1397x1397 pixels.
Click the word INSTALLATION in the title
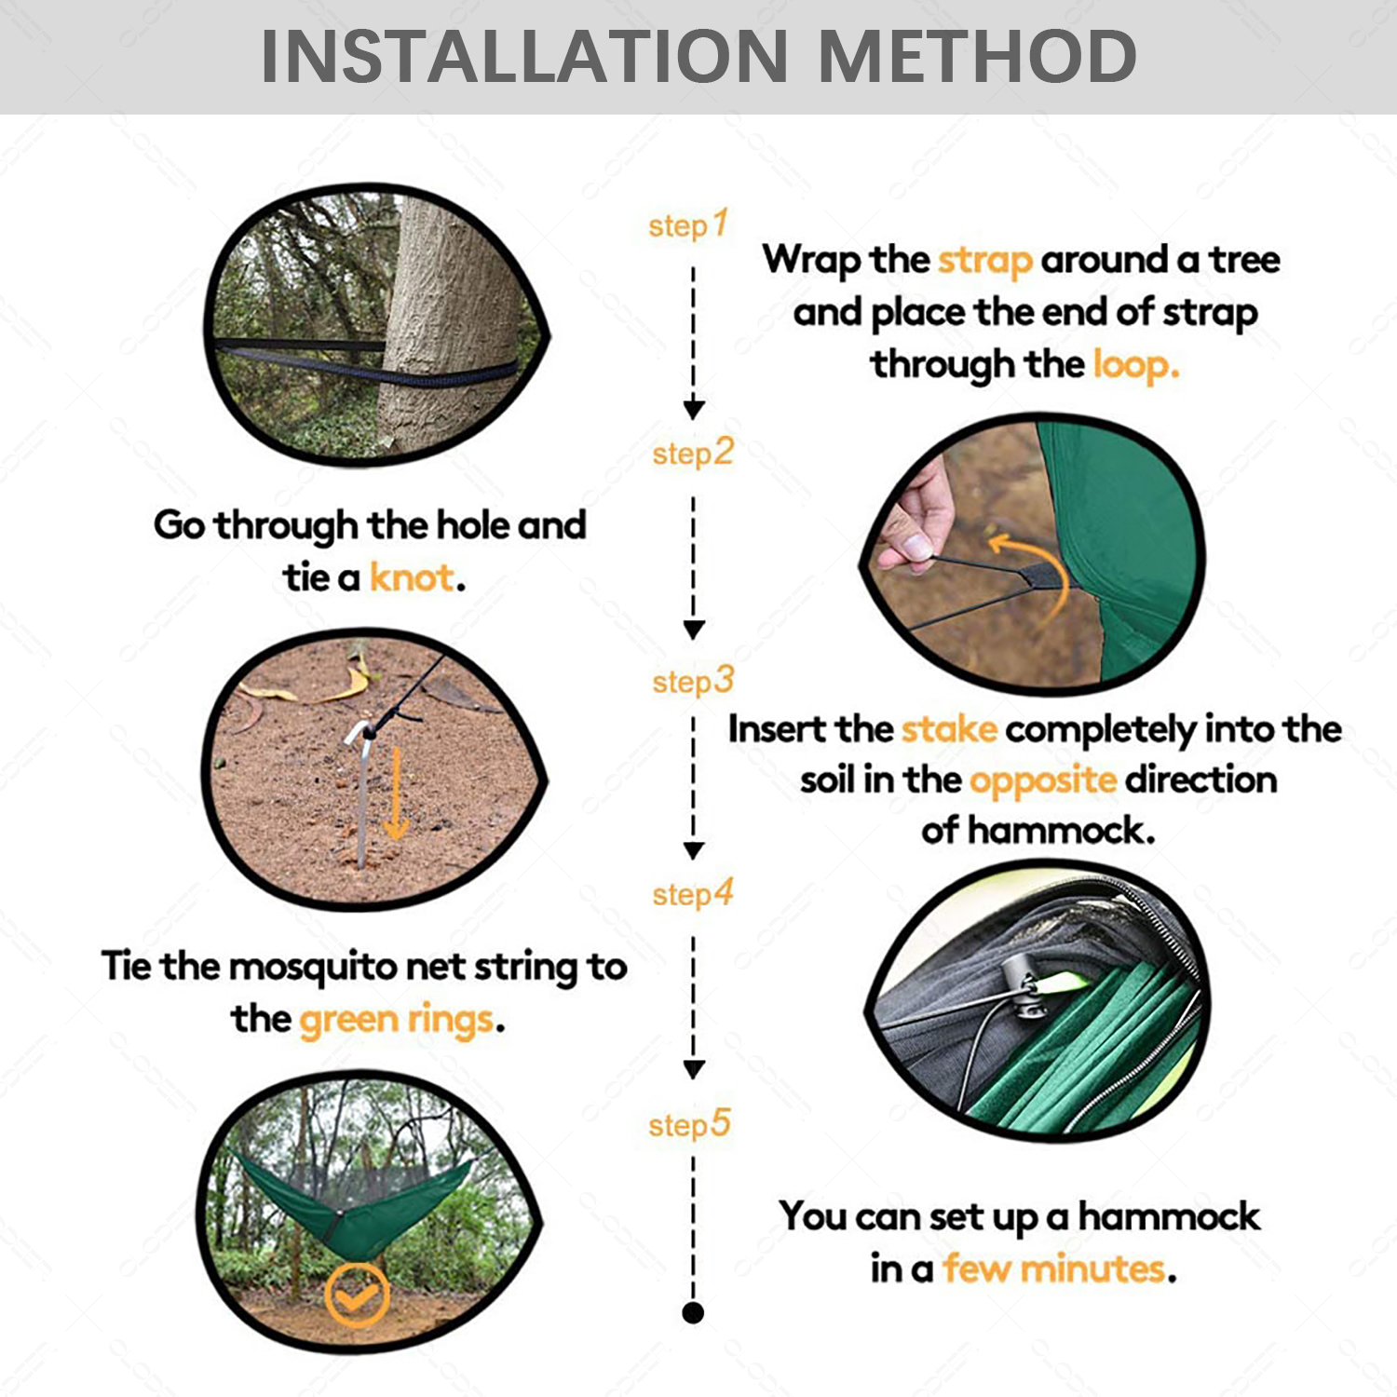point(524,57)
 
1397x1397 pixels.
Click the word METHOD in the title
point(977,57)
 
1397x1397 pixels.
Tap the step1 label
point(687,225)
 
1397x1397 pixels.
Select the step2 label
point(693,454)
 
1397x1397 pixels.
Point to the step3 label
point(693,681)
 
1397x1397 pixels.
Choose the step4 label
point(693,894)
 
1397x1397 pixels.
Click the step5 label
point(690,1125)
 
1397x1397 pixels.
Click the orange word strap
point(984,261)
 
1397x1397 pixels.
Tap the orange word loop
point(1134,365)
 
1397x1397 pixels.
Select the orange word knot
point(412,578)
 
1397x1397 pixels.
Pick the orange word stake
point(949,729)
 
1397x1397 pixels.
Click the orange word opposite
point(1042,780)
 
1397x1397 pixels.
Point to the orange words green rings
point(397,1020)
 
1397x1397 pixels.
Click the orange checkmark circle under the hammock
point(357,1295)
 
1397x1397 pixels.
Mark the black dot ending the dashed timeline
point(693,1313)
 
